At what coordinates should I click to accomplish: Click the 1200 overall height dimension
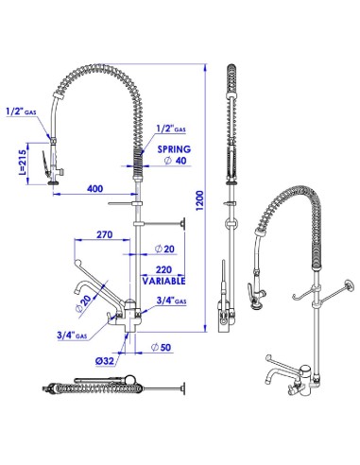[200, 200]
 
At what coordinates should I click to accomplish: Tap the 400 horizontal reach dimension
[94, 188]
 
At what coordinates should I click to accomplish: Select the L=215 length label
[22, 162]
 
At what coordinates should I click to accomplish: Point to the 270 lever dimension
[104, 234]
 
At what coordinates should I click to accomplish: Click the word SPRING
[174, 149]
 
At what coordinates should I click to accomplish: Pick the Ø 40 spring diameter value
[176, 161]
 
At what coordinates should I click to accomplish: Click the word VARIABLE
[163, 281]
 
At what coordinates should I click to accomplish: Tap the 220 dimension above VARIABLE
[163, 269]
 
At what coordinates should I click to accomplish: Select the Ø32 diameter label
[105, 360]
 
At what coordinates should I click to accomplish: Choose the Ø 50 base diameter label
[161, 347]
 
